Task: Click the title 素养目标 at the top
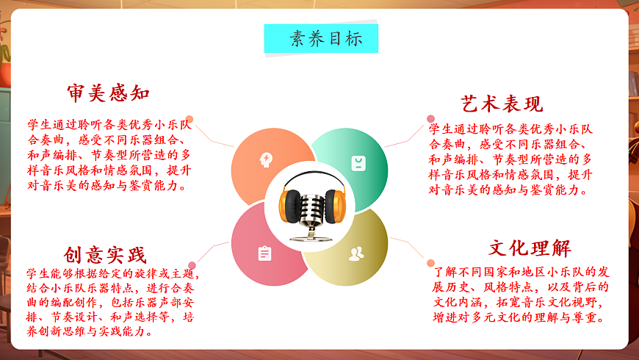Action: (x=321, y=39)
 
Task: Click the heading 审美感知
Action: (x=108, y=93)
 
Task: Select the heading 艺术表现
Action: (x=502, y=104)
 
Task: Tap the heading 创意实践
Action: (x=105, y=255)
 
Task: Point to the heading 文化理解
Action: (x=530, y=248)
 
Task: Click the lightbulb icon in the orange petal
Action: (x=265, y=159)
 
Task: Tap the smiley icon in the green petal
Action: (x=357, y=162)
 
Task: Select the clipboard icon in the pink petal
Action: (x=264, y=254)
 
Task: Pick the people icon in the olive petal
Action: (x=356, y=254)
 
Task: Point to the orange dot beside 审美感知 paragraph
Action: (x=189, y=119)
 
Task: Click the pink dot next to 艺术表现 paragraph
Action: (x=431, y=118)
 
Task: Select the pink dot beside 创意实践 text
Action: (x=192, y=265)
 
